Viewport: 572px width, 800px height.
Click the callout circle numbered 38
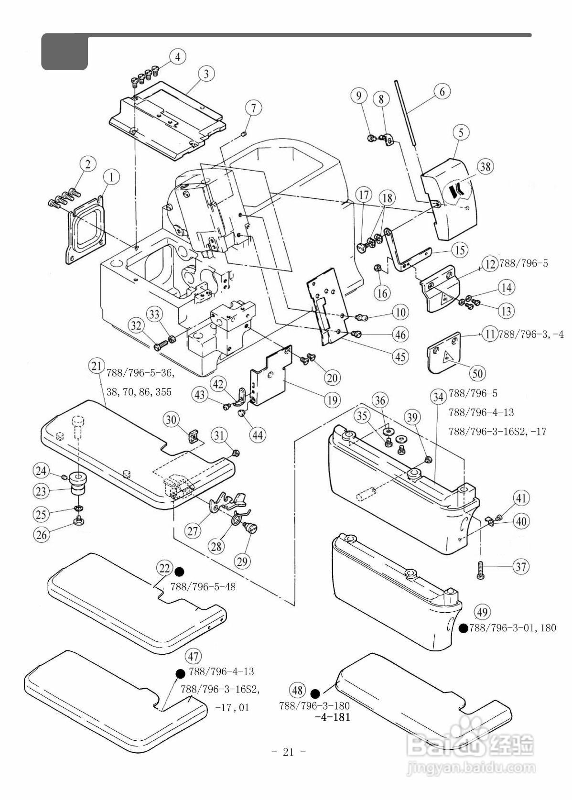[485, 167]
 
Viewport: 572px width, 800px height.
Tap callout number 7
[254, 108]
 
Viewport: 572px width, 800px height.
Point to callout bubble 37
[521, 566]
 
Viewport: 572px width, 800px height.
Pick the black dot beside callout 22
[179, 572]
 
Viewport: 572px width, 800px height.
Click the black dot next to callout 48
[315, 693]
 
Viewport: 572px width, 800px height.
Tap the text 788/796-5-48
[203, 587]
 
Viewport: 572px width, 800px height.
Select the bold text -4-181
[333, 717]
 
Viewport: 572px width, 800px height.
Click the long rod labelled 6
[406, 113]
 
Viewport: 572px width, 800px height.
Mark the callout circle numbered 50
[478, 374]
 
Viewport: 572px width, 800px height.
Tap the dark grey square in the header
[65, 52]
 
